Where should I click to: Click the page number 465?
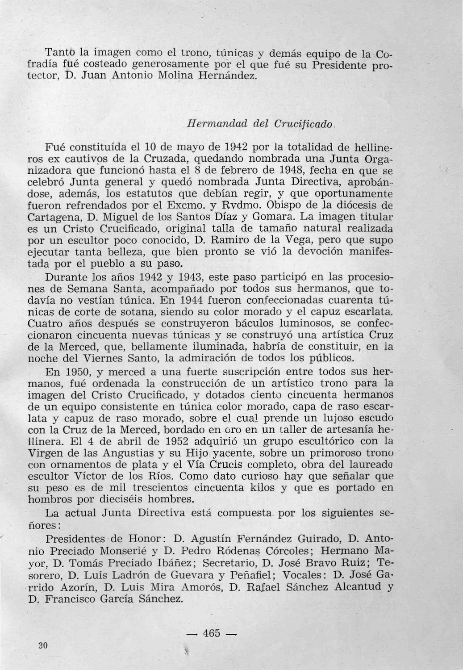(x=212, y=633)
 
